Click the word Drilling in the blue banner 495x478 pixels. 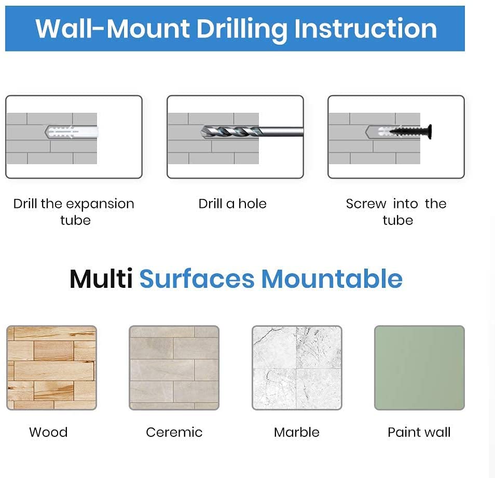(241, 30)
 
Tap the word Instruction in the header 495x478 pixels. (365, 29)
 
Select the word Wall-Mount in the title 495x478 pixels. (113, 29)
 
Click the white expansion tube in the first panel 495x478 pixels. (72, 132)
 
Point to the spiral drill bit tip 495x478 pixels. (203, 131)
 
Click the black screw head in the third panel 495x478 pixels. (430, 131)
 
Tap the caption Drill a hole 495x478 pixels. (232, 204)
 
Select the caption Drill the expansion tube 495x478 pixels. (74, 212)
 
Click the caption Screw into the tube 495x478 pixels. (396, 212)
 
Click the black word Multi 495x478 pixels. (101, 279)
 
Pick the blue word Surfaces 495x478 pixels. (197, 279)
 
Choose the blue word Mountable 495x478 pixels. (332, 279)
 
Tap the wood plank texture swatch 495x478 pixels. (52, 368)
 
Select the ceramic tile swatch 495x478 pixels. (174, 368)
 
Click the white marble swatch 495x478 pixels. (297, 368)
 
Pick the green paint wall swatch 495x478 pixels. (419, 368)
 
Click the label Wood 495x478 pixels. (48, 432)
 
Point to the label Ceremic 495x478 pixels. (174, 432)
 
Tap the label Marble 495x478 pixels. (296, 432)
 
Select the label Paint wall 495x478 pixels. (419, 432)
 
